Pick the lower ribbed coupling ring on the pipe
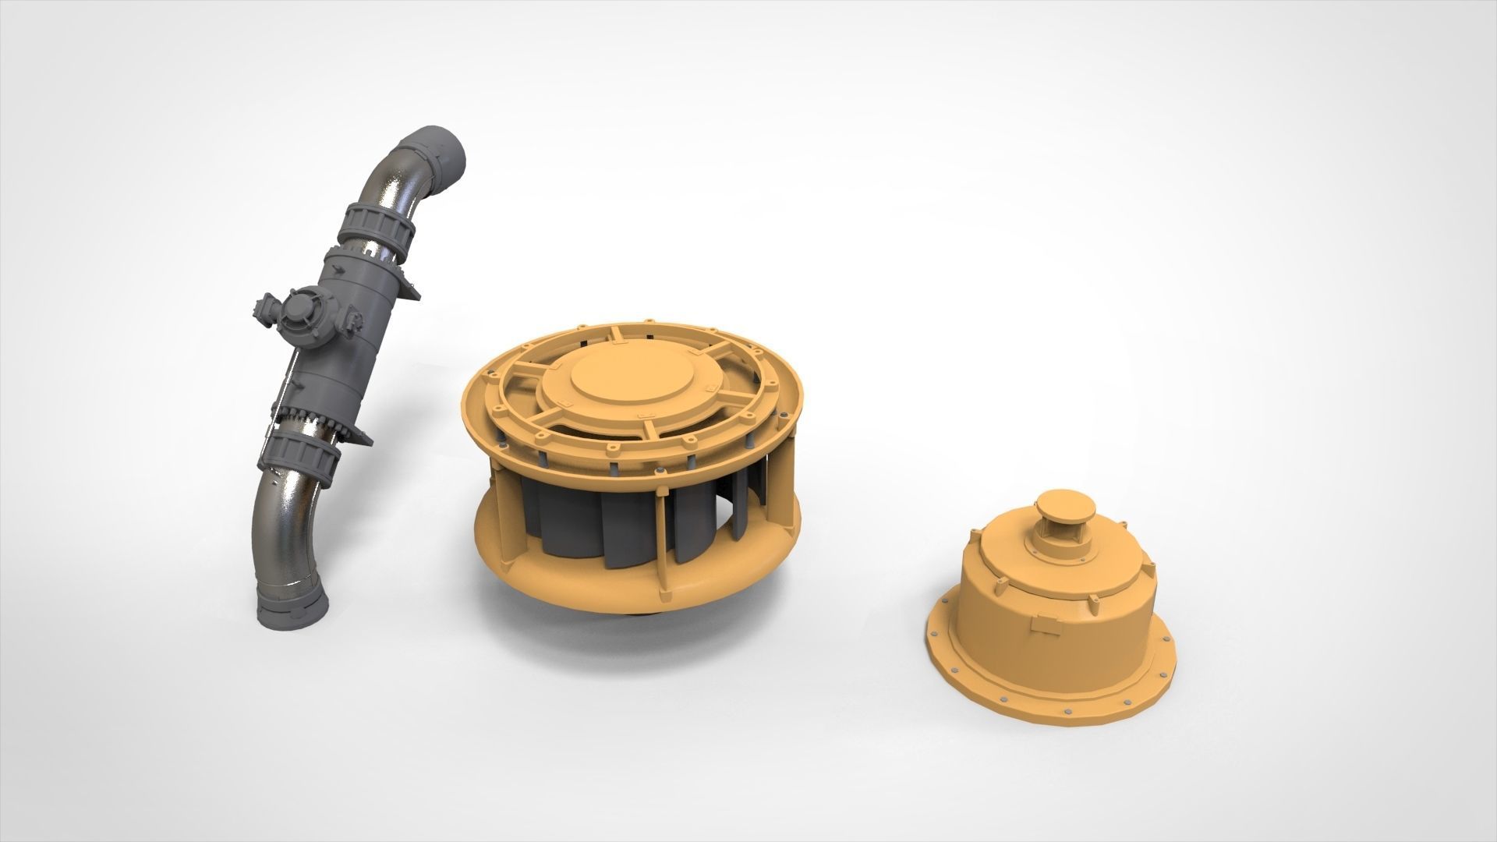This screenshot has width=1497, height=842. point(299,460)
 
